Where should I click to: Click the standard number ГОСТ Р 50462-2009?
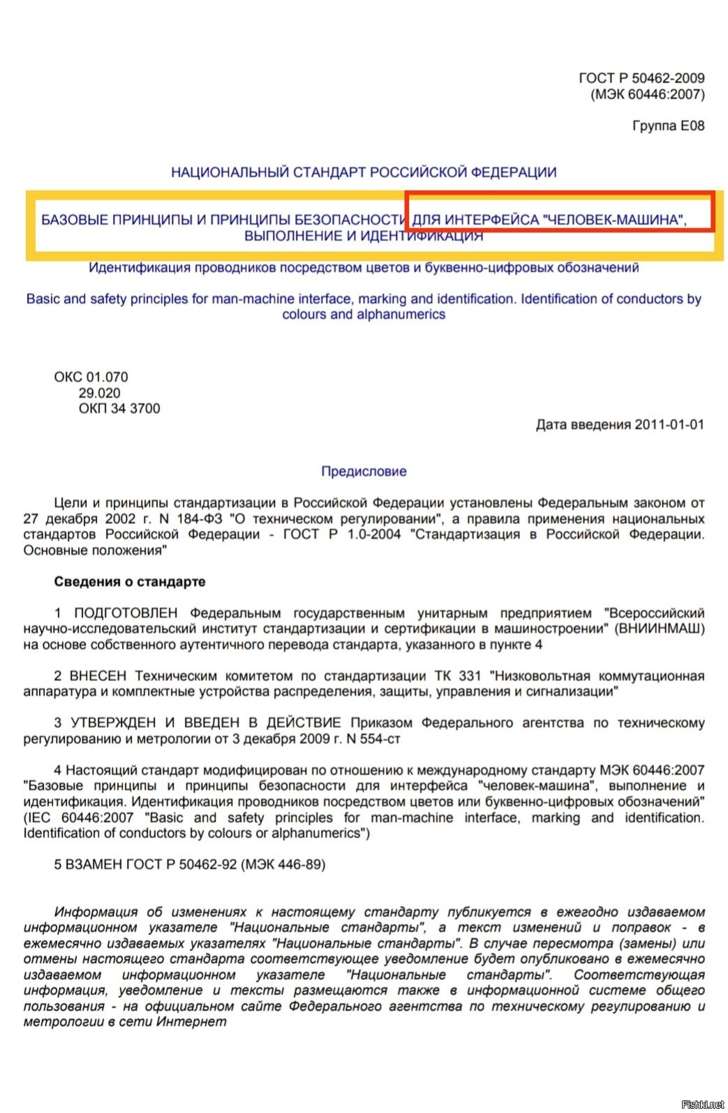tap(641, 78)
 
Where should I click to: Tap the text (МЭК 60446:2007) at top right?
tap(647, 94)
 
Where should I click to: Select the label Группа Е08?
tap(668, 126)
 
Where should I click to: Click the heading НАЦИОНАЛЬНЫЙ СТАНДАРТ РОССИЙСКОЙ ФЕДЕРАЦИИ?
tap(364, 172)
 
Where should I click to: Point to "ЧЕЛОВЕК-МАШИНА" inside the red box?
tap(612, 220)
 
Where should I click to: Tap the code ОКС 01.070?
tap(91, 377)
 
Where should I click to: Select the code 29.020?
tap(99, 393)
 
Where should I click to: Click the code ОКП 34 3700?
tap(119, 408)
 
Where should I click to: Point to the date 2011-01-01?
tap(669, 424)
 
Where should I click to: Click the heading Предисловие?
tap(364, 471)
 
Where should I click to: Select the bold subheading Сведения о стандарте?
tap(129, 581)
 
